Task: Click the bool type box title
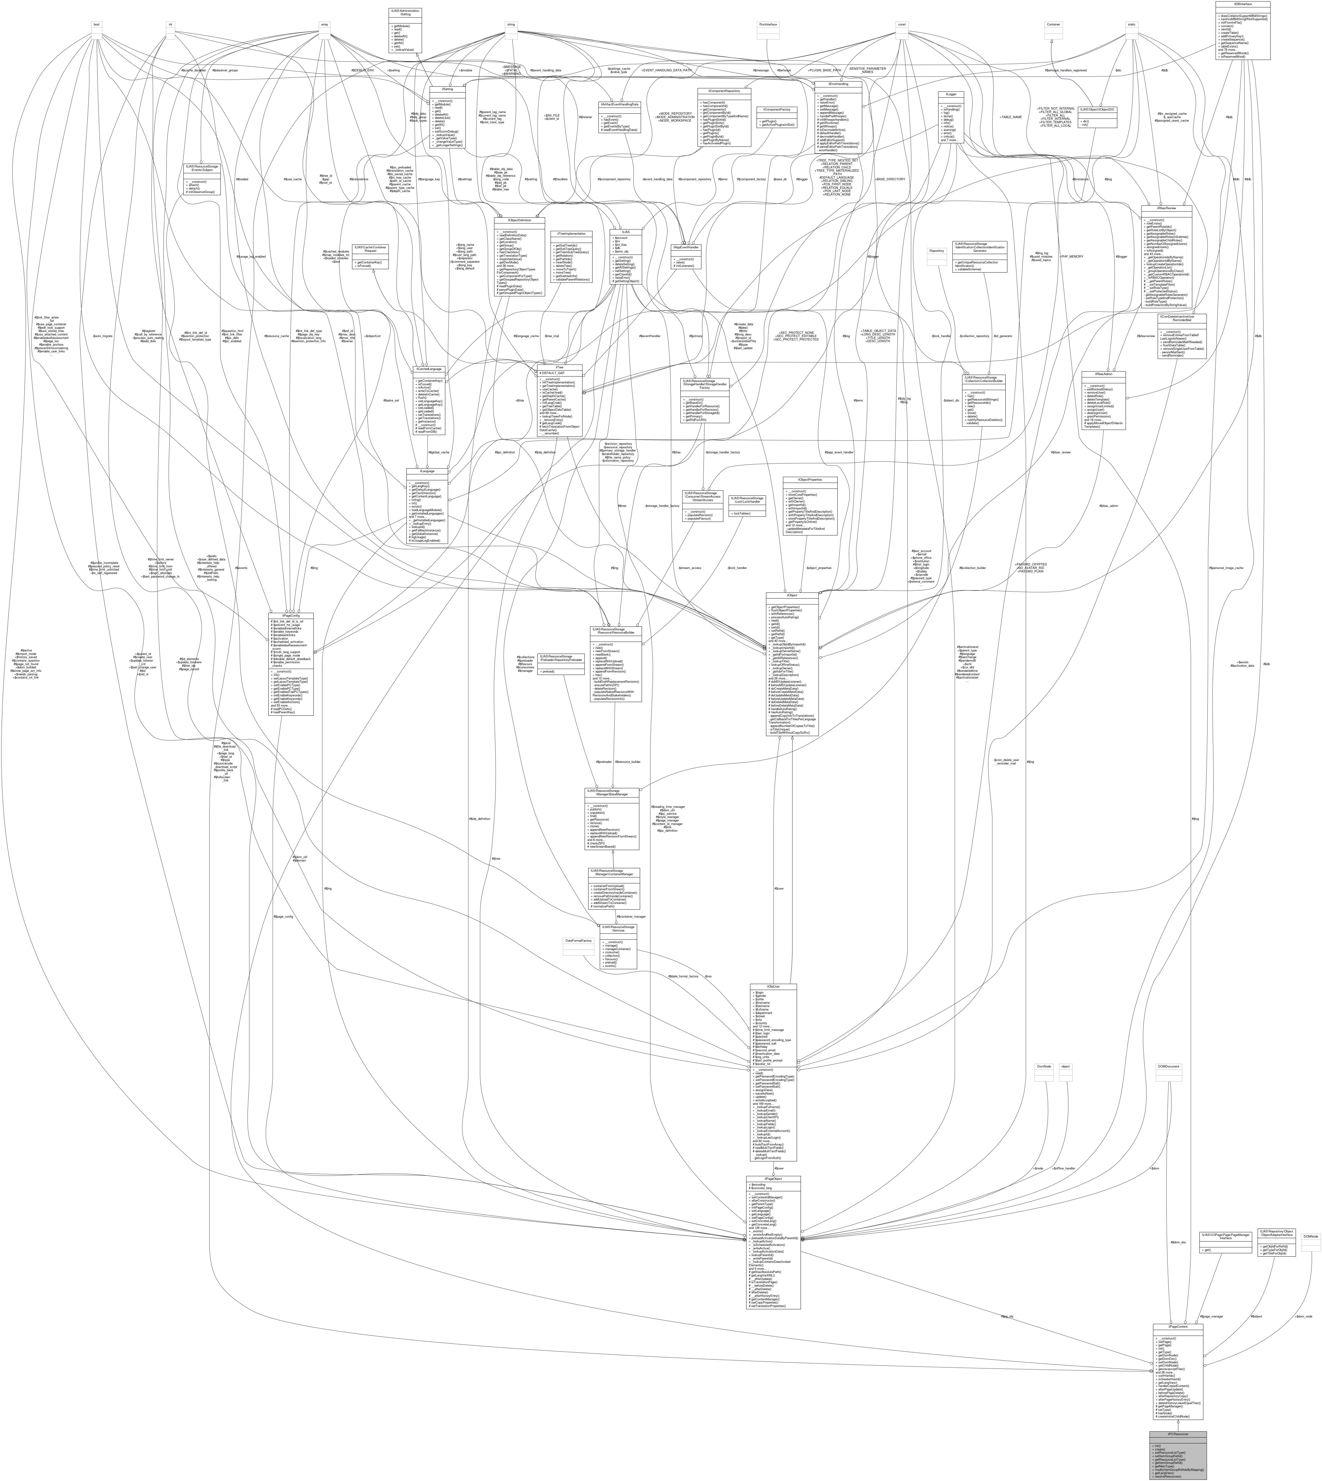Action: pos(95,24)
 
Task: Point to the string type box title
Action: pos(511,24)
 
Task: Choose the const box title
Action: pos(901,24)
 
